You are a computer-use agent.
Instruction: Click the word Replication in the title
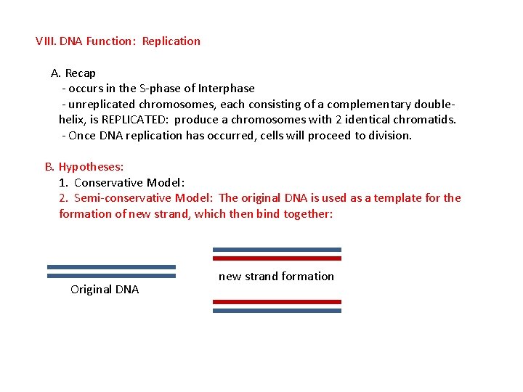(x=171, y=41)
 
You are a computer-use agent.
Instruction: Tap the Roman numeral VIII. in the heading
(x=46, y=41)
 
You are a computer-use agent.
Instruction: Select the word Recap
(x=80, y=73)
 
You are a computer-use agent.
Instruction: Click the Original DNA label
(x=105, y=290)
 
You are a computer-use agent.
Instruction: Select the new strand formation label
(x=276, y=277)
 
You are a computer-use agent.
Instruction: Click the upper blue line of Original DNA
(x=111, y=266)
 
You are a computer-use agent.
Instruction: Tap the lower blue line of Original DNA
(x=111, y=276)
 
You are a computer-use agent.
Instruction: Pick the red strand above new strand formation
(x=277, y=258)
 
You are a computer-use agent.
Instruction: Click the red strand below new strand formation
(x=277, y=301)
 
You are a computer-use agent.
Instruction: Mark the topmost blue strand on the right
(x=277, y=250)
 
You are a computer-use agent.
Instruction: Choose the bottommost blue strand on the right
(x=277, y=311)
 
